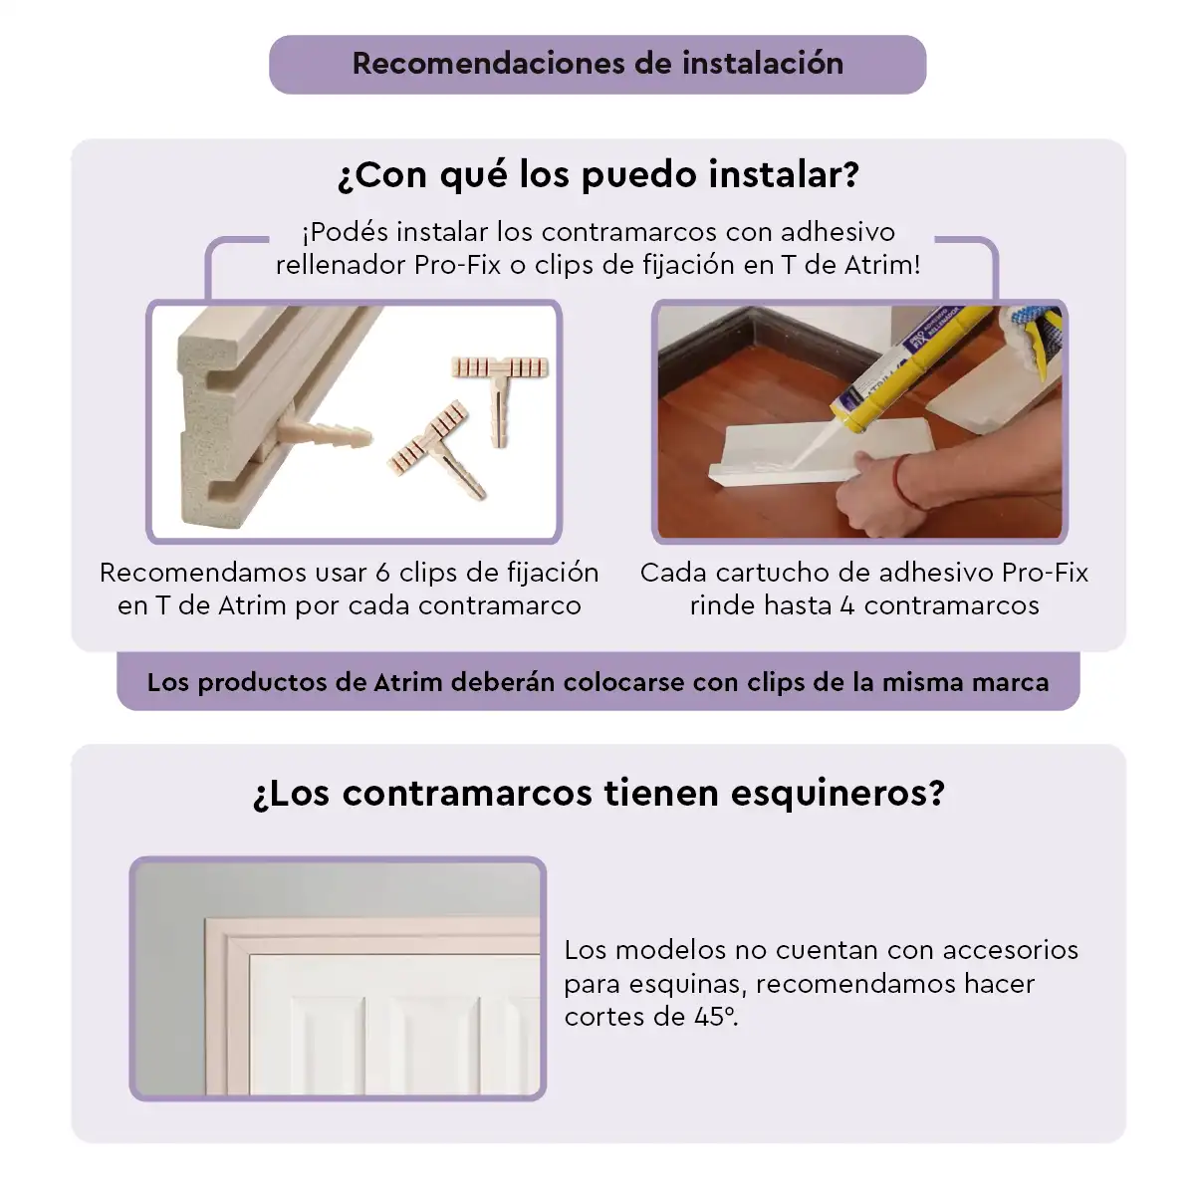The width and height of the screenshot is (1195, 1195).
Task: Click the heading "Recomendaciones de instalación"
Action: click(x=597, y=64)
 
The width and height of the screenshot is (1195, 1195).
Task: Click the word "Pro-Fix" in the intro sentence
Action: click(x=457, y=265)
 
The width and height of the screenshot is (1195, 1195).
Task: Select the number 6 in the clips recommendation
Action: click(x=383, y=573)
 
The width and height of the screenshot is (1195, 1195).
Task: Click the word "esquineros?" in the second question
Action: click(x=837, y=793)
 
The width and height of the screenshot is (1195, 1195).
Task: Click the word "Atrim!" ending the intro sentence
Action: click(x=882, y=265)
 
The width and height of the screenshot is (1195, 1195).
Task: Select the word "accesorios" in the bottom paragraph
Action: click(x=1011, y=950)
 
